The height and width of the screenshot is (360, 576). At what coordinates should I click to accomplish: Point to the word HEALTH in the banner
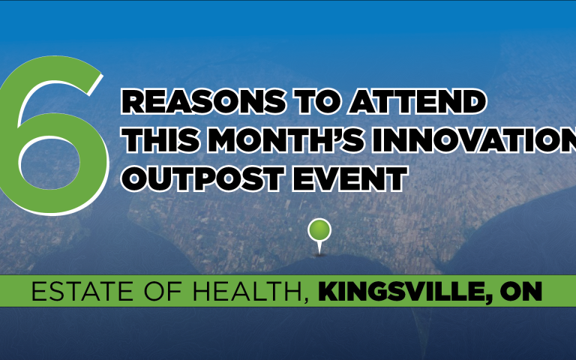tap(236, 292)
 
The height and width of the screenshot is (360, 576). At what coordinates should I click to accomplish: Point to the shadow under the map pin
tap(320, 255)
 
